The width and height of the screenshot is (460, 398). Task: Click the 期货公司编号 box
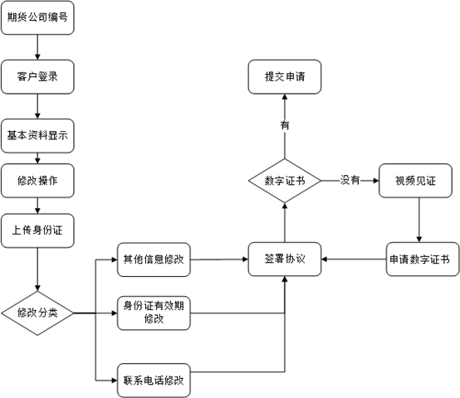(37, 17)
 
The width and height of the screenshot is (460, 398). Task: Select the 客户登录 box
(37, 77)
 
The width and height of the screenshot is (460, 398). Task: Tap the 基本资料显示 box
(37, 136)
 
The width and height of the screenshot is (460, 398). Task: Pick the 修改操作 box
(37, 181)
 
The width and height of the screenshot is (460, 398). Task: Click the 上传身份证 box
(37, 231)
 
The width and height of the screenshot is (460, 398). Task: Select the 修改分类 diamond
(37, 313)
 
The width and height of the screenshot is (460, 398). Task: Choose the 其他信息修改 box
(154, 260)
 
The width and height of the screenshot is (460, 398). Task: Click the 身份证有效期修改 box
(154, 313)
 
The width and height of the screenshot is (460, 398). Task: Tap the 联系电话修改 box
(154, 381)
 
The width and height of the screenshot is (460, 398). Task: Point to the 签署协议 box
(285, 259)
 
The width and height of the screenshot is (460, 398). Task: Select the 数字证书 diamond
(285, 181)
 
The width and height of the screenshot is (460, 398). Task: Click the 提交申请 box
(285, 77)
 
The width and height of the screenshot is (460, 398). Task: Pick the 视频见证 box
(415, 181)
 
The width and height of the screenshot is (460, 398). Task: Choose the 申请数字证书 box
(423, 259)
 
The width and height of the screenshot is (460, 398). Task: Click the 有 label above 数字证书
(285, 125)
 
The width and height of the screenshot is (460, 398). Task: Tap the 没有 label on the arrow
(350, 180)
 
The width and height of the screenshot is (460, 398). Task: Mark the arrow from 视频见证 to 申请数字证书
(419, 220)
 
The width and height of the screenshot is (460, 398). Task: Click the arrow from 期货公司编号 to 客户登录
(37, 47)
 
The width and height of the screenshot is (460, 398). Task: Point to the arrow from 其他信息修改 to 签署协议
(219, 260)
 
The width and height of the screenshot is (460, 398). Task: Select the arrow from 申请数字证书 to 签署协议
(354, 260)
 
